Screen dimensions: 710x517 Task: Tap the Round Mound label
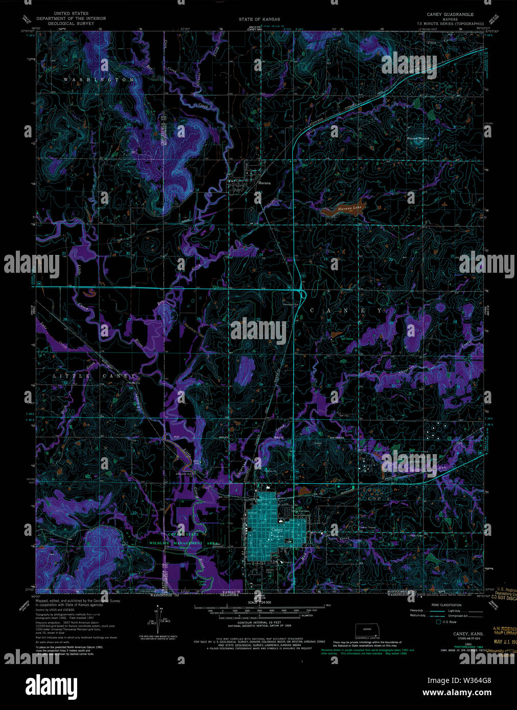[x=418, y=138]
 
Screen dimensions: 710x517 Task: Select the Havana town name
[x=264, y=182]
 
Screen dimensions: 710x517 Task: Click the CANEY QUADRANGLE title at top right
[x=450, y=15]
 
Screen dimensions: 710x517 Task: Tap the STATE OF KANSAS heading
[x=259, y=19]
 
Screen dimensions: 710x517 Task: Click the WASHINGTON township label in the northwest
[x=99, y=80]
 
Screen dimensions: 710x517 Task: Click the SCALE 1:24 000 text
[x=260, y=603]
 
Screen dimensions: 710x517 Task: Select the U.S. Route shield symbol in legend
[x=438, y=622]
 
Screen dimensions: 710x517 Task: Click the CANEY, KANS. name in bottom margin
[x=464, y=633]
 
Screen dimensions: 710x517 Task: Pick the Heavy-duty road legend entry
[x=416, y=610]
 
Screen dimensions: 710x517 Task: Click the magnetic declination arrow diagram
[x=159, y=617]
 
